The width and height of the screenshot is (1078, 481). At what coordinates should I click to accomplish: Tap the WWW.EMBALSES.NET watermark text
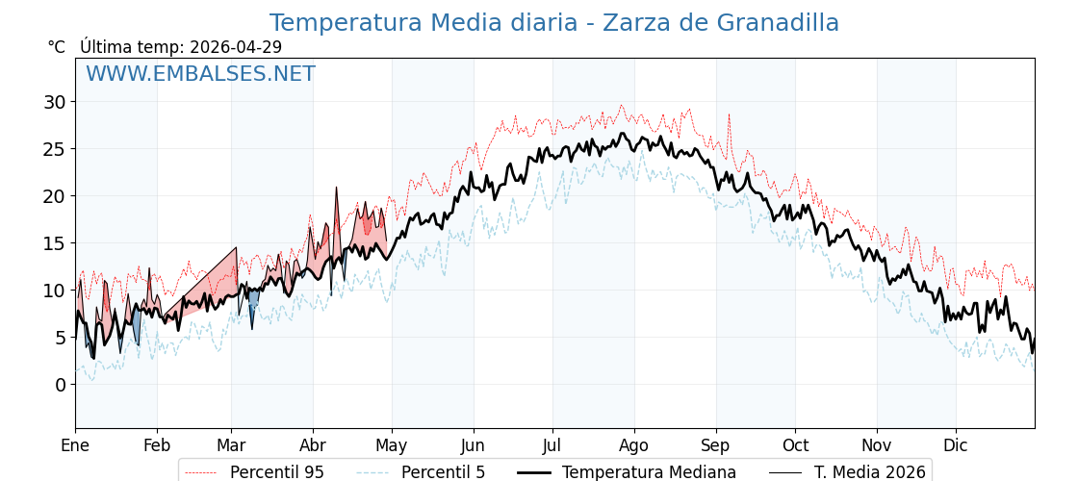(x=200, y=74)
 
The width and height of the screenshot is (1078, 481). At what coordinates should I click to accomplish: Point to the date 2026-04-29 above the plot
(x=236, y=47)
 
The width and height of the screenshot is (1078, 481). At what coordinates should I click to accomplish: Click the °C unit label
(x=56, y=47)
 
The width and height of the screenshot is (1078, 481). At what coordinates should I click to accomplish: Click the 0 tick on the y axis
(x=60, y=385)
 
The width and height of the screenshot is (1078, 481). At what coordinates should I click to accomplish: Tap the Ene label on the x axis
(x=75, y=445)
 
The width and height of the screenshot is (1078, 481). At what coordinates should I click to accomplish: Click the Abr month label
(x=313, y=445)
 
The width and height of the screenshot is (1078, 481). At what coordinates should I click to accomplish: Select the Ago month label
(x=634, y=445)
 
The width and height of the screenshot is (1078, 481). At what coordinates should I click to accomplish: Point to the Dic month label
(x=956, y=445)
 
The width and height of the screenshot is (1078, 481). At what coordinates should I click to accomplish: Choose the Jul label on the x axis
(x=552, y=445)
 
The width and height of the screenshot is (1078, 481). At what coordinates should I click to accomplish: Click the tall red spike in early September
(x=729, y=115)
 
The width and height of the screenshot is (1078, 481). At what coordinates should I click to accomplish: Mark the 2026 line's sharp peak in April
(x=337, y=189)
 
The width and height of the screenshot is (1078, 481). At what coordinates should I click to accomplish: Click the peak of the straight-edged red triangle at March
(x=236, y=248)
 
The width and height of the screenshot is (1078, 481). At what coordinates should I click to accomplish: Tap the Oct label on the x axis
(x=795, y=445)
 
